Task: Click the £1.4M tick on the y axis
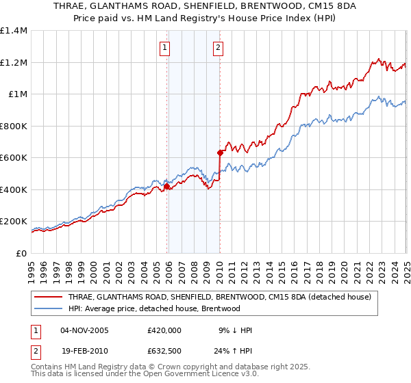[14, 31]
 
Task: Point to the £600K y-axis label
[14, 158]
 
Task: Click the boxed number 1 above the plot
[166, 47]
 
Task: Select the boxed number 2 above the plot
[217, 47]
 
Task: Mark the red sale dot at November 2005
[166, 186]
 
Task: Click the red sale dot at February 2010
[220, 153]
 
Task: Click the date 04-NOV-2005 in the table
[84, 330]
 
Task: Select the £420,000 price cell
[164, 330]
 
